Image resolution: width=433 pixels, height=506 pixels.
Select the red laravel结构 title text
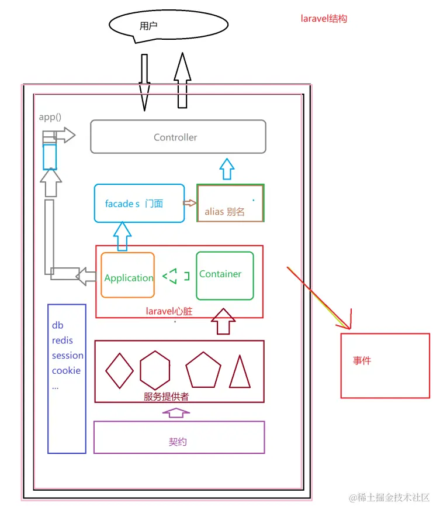[x=324, y=19]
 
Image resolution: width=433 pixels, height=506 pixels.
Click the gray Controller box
[x=178, y=137]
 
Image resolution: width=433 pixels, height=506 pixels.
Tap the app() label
[x=50, y=117]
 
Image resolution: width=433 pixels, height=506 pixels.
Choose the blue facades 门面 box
[x=139, y=204]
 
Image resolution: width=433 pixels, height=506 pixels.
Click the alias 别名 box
[x=230, y=204]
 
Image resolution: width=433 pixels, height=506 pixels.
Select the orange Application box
[x=128, y=276]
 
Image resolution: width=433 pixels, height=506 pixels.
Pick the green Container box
[x=224, y=275]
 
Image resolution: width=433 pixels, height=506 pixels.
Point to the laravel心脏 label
[x=169, y=312]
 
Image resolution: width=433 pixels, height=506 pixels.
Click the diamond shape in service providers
[x=119, y=371]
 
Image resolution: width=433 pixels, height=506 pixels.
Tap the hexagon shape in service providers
[x=155, y=371]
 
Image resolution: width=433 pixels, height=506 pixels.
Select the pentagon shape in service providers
[x=203, y=371]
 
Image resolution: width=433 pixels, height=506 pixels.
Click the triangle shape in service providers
[x=240, y=373]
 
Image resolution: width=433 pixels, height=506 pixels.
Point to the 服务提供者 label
[x=166, y=396]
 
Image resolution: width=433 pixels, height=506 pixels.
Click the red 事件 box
[x=384, y=365]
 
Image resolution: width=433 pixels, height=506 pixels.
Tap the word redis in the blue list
[x=63, y=340]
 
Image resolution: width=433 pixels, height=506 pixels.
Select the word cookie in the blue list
[x=66, y=370]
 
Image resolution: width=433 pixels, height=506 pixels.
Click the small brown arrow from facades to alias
[x=190, y=203]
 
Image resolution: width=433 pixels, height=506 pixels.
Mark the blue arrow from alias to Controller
[x=227, y=169]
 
